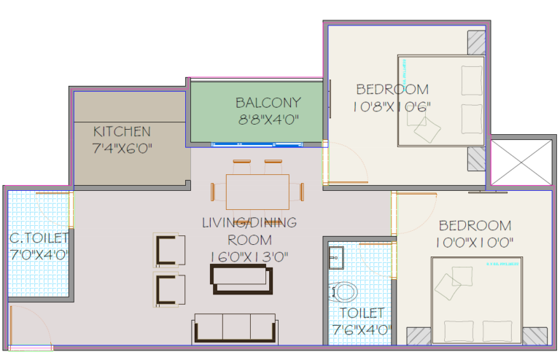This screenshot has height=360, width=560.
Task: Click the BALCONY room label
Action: (268, 103)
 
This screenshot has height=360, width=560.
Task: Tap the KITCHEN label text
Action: (122, 132)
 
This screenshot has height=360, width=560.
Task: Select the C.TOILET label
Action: (39, 238)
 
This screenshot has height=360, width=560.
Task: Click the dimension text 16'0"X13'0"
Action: (250, 256)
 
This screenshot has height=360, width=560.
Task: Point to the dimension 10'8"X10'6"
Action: (392, 106)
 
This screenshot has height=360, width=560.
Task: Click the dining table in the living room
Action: (257, 191)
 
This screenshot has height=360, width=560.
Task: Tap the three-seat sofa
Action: (235, 329)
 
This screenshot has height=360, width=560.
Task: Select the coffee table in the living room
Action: (241, 278)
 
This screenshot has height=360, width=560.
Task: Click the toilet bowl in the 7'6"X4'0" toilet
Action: (343, 292)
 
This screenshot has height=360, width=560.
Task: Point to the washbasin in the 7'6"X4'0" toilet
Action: (335, 257)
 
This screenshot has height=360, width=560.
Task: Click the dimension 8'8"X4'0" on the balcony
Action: (268, 119)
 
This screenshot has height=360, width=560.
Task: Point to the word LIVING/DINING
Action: (249, 223)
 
